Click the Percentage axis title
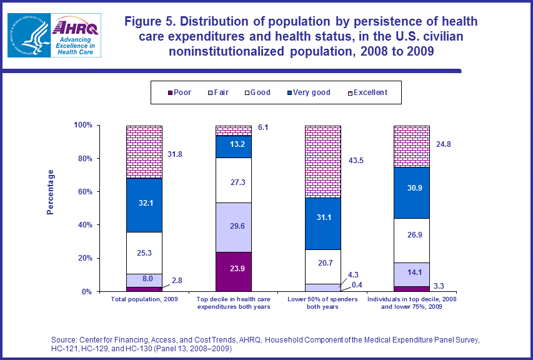(x=51, y=192)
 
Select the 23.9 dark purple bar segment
(x=234, y=272)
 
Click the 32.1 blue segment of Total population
(x=144, y=205)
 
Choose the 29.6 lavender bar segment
(x=234, y=227)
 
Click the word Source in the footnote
(x=64, y=339)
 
